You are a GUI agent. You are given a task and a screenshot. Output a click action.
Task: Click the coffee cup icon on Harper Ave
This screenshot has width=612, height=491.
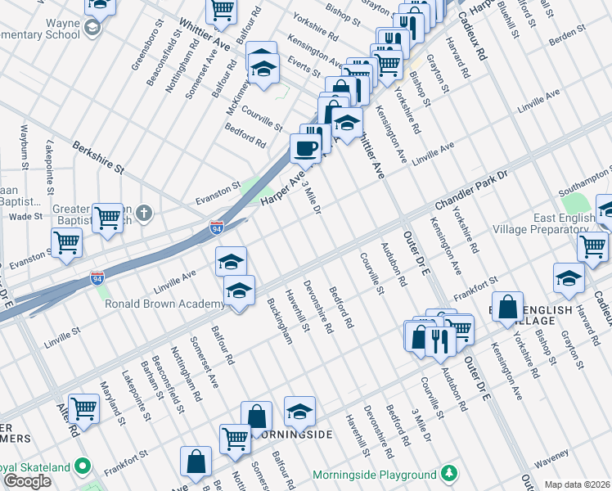click(306, 148)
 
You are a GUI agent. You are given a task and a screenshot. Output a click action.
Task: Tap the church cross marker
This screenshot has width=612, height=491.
click(144, 214)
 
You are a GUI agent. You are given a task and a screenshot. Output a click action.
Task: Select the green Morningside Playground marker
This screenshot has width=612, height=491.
click(448, 474)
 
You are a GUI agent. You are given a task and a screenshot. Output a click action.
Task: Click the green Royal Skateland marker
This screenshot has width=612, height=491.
click(82, 466)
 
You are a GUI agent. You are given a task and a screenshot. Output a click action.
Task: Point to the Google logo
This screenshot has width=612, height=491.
click(27, 481)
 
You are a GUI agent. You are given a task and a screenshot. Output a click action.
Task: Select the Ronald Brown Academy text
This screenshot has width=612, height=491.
click(164, 304)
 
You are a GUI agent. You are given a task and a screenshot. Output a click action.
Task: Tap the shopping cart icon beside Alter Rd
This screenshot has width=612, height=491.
click(83, 408)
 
